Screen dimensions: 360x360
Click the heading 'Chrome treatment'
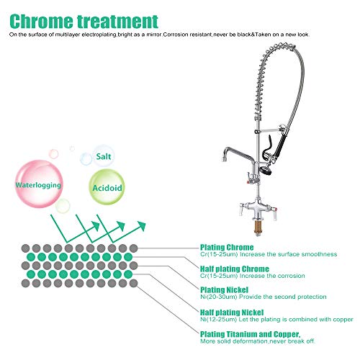tap(84, 22)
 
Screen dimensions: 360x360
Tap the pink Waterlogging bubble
tap(39, 184)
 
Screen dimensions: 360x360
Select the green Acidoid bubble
tap(107, 187)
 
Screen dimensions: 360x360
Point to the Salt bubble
tap(104, 156)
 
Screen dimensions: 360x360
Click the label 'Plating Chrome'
tap(227, 247)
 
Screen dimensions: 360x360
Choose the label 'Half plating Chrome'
tap(235, 269)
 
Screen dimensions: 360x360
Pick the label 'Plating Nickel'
tap(224, 290)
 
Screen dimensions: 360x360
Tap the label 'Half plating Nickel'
tap(232, 312)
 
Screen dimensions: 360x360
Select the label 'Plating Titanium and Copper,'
tap(250, 334)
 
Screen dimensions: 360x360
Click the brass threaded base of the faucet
tap(258, 228)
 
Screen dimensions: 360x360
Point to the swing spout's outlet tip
tap(224, 158)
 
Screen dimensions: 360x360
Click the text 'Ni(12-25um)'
tap(219, 320)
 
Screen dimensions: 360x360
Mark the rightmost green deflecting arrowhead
tap(141, 225)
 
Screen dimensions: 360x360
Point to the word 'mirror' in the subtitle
tap(153, 35)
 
